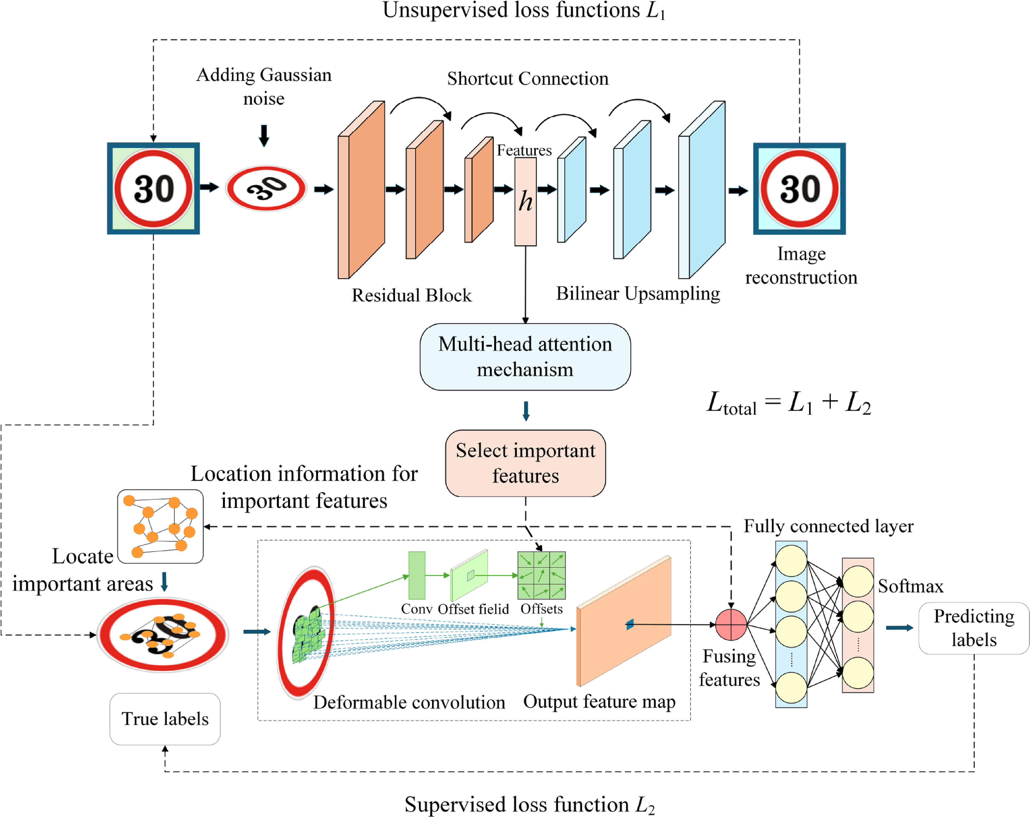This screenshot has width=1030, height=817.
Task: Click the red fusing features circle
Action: tap(730, 624)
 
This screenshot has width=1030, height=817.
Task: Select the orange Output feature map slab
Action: tap(623, 621)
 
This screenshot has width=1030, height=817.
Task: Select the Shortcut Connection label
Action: tap(528, 78)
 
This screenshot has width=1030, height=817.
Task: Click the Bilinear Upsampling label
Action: tap(638, 293)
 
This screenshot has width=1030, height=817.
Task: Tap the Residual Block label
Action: tap(411, 295)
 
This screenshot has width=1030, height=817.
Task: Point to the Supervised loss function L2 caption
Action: tap(529, 804)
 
